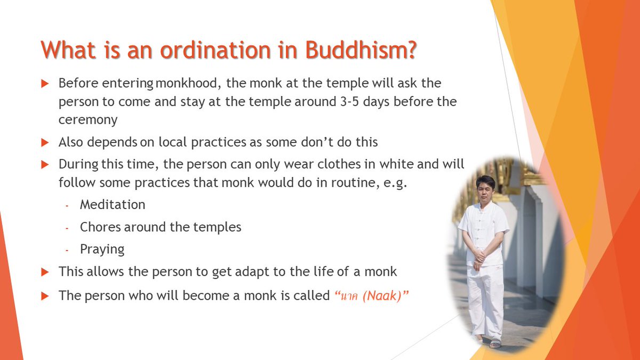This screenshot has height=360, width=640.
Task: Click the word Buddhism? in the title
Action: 361,50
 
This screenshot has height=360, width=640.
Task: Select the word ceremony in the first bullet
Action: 88,119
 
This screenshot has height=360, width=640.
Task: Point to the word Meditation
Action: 113,204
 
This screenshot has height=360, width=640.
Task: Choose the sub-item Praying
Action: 102,249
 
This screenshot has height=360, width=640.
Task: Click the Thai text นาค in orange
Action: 348,296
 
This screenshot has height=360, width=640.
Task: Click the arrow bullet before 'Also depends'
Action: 45,142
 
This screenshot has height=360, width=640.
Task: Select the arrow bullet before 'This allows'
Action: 45,271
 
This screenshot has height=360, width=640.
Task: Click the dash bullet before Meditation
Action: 67,205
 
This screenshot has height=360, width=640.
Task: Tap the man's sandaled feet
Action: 488,341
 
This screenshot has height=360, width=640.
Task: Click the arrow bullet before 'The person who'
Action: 45,296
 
